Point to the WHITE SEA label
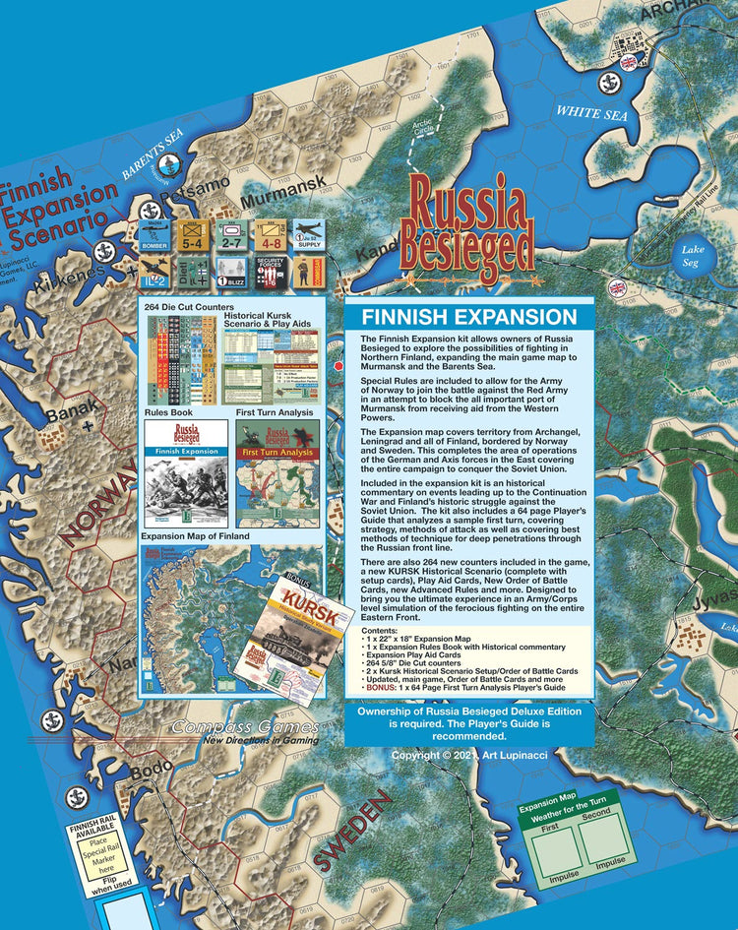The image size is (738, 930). click(x=591, y=113)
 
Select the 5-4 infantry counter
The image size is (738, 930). click(x=193, y=234)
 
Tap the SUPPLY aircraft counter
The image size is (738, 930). click(x=310, y=234)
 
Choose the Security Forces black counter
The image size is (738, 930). click(x=271, y=273)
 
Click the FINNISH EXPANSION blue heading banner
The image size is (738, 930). click(x=468, y=317)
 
